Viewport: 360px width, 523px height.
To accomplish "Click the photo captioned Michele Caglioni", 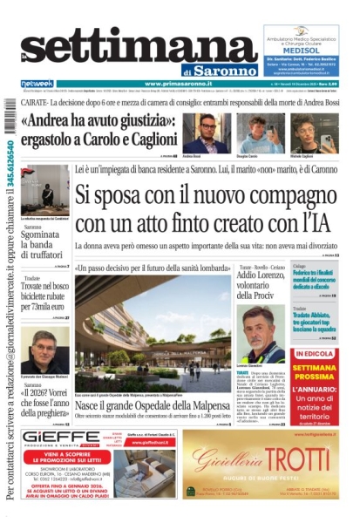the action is (x=302, y=132).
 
